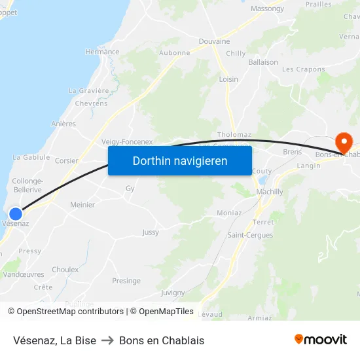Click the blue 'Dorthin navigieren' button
tap(180, 160)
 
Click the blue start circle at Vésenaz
tap(16, 213)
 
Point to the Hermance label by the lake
tap(102, 52)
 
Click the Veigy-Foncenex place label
tap(127, 141)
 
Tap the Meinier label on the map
tap(82, 205)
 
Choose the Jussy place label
tap(151, 232)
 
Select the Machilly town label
tap(270, 192)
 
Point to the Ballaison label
tap(263, 62)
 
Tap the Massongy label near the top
tap(268, 9)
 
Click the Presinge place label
tap(126, 281)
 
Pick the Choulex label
tap(65, 270)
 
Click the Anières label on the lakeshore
tap(63, 124)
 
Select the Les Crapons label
tap(303, 69)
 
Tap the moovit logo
tap(320, 339)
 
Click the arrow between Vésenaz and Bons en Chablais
tap(107, 340)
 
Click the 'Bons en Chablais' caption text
tap(162, 340)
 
